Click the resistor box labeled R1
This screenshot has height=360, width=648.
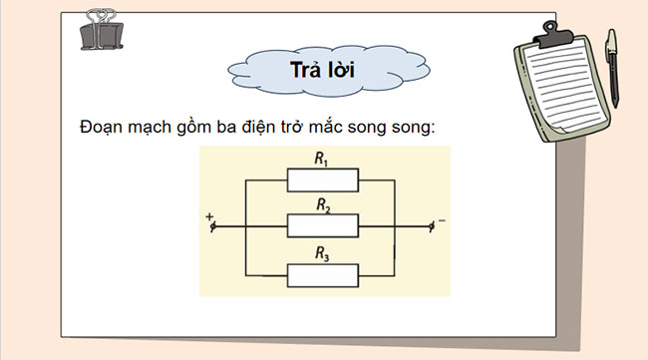tap(322, 180)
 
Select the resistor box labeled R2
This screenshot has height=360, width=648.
tap(322, 225)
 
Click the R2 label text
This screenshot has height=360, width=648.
tap(322, 205)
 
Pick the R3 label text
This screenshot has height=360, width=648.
tap(322, 252)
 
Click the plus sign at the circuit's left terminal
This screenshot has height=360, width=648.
tap(209, 216)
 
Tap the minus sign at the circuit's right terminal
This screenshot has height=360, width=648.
tap(441, 216)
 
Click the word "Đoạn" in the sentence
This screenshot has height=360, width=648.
tap(101, 128)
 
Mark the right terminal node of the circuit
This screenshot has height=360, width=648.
tap(431, 226)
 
